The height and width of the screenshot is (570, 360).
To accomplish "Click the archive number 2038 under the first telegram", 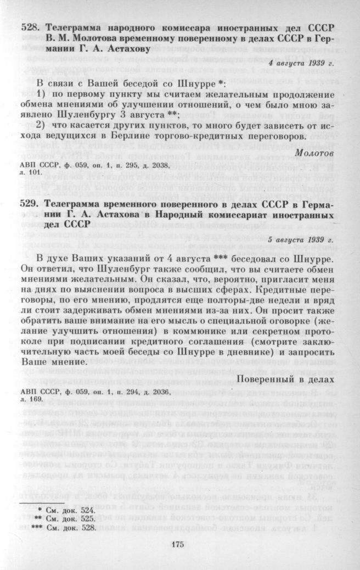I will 156,164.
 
